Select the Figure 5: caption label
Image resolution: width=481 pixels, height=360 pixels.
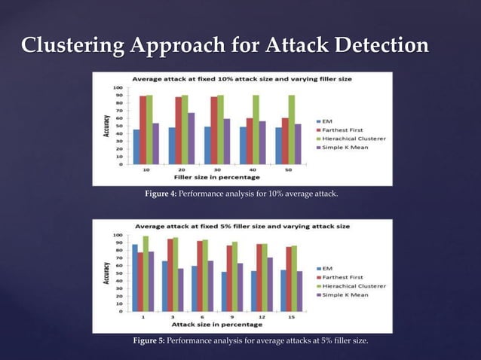tap(149, 342)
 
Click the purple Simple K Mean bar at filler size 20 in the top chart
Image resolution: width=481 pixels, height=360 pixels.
tap(191, 139)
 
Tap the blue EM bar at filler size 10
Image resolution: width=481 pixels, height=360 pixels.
tap(136, 147)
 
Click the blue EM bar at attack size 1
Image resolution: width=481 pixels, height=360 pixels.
tap(135, 278)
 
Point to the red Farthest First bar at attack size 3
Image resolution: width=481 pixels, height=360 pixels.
tap(170, 275)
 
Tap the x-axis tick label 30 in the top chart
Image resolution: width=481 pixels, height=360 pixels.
tap(217, 171)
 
